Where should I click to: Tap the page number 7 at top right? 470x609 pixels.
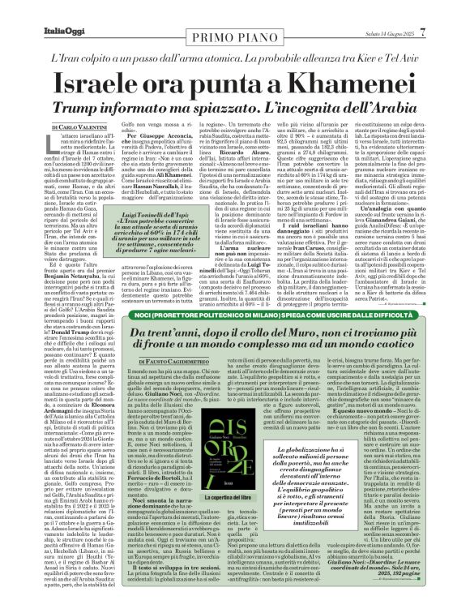coord(445,11)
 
